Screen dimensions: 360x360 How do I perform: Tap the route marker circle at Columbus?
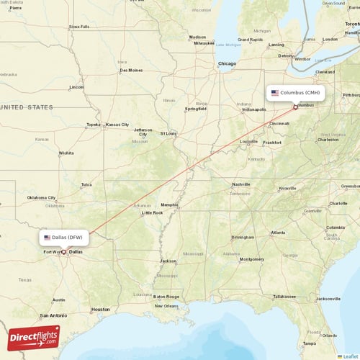click(x=295, y=107)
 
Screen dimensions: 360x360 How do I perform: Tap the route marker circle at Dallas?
click(x=63, y=252)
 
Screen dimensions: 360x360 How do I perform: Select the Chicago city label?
click(x=227, y=63)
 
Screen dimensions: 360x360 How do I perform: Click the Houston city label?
click(x=101, y=309)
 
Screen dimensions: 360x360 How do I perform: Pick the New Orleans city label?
click(x=166, y=306)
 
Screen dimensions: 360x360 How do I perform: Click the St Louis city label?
click(x=168, y=133)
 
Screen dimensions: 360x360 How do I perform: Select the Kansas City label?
click(x=117, y=125)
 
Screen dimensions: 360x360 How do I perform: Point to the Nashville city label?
click(x=241, y=184)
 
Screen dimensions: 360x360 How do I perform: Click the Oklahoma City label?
click(x=41, y=197)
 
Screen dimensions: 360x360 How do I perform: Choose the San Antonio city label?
click(x=53, y=315)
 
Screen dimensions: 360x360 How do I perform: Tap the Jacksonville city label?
click(x=328, y=298)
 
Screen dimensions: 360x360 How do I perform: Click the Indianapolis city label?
click(x=253, y=109)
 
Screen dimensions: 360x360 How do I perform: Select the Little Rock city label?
click(x=152, y=212)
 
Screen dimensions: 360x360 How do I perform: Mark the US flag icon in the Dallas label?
click(x=48, y=237)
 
